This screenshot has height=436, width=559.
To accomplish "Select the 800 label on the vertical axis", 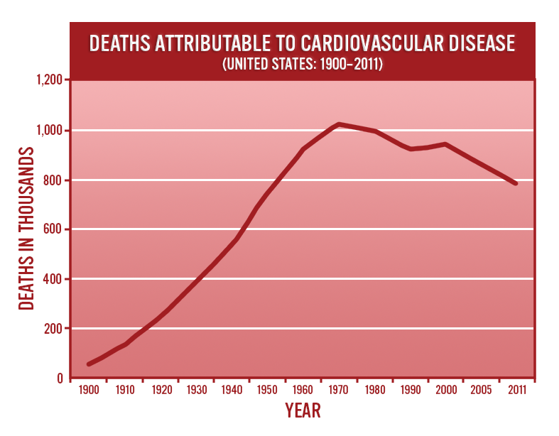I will [x=54, y=180].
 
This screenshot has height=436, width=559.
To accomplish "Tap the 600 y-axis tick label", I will [x=54, y=229].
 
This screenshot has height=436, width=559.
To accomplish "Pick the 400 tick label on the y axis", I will [x=54, y=279].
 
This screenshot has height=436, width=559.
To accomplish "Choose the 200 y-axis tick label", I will [x=54, y=329].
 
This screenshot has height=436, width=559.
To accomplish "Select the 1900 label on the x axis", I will [x=89, y=390].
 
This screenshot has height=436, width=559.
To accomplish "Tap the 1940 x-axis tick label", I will [x=232, y=390].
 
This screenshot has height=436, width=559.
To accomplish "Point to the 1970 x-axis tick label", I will [x=338, y=390].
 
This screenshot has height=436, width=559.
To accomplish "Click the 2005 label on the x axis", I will [x=481, y=390].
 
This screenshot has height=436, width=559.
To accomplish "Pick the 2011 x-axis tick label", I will [x=516, y=390].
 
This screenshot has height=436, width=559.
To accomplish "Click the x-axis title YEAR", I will [x=303, y=410].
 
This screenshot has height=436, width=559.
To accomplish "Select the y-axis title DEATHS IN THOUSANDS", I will [x=26, y=229].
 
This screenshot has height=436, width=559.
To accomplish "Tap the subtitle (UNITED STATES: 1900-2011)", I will [x=303, y=64].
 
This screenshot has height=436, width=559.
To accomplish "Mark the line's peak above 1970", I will [x=339, y=124].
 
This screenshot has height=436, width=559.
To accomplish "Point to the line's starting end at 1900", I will [x=89, y=364].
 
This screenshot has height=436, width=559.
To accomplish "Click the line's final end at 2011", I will [x=516, y=183].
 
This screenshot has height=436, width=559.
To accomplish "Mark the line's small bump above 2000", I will [x=445, y=144].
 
